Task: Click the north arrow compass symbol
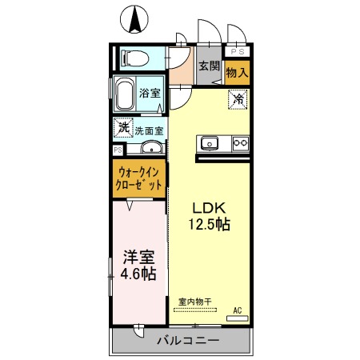[134, 17]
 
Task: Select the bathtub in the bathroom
[124, 95]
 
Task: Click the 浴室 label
[150, 93]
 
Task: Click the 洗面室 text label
[149, 130]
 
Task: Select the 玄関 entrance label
[209, 67]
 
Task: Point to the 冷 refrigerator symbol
[238, 100]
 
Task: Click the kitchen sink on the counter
[210, 143]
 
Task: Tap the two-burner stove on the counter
[239, 143]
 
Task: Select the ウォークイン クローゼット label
[140, 178]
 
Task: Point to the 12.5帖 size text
[209, 224]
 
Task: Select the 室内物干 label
[194, 302]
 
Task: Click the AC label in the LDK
[238, 310]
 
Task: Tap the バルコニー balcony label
[182, 341]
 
